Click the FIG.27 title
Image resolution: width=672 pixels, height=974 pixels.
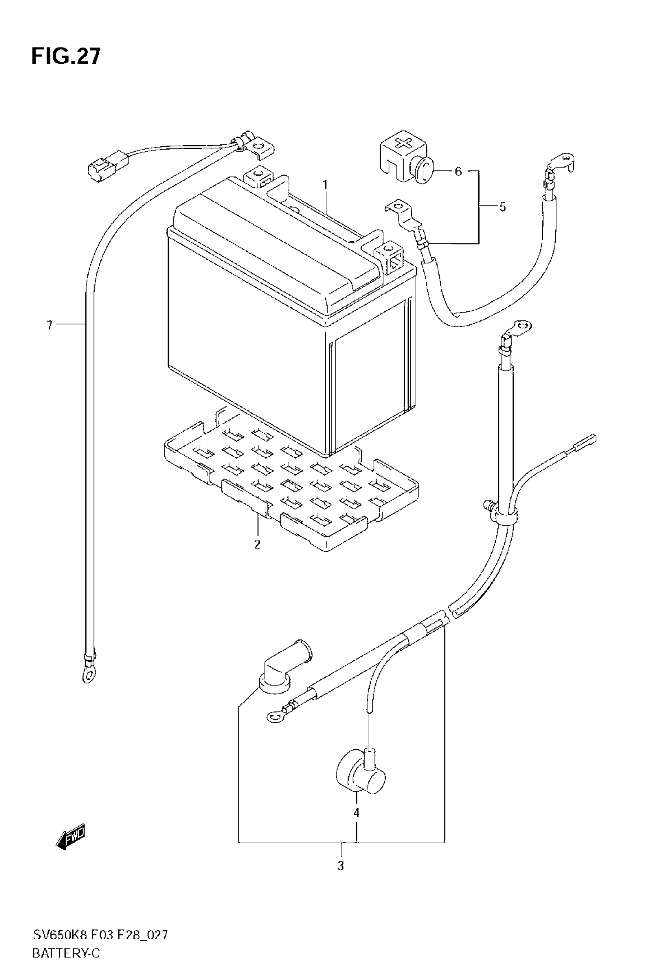click(x=66, y=57)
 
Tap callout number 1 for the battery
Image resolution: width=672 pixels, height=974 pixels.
click(x=325, y=184)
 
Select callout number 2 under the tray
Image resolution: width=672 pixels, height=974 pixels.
click(x=257, y=544)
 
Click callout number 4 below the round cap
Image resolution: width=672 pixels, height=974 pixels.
click(x=356, y=813)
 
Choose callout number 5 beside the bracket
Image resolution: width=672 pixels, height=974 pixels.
click(x=502, y=207)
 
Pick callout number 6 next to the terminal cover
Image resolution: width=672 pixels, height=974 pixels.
click(x=458, y=171)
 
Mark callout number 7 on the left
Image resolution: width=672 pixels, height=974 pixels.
click(x=50, y=325)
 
